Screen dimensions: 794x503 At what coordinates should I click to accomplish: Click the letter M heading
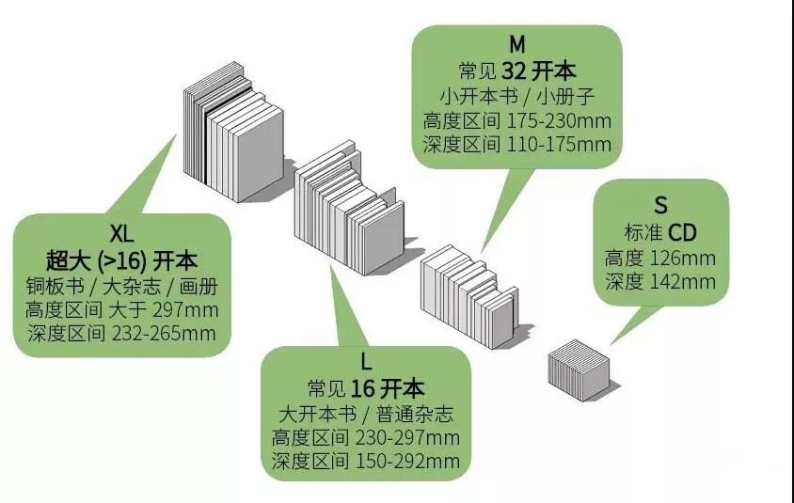[x=516, y=44]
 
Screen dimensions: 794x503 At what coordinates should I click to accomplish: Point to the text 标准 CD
[x=659, y=232]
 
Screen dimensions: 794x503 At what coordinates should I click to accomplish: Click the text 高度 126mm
[x=659, y=258]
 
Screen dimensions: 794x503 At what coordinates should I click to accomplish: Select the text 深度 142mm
[x=659, y=281]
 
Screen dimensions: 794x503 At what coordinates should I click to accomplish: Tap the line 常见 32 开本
[x=516, y=71]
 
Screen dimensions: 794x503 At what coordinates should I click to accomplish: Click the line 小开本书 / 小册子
[x=516, y=96]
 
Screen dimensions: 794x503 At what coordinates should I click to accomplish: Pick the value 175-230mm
[x=559, y=120]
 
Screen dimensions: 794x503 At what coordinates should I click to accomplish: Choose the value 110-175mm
[x=559, y=145]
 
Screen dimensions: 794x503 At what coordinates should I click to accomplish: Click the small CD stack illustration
[x=580, y=372]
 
